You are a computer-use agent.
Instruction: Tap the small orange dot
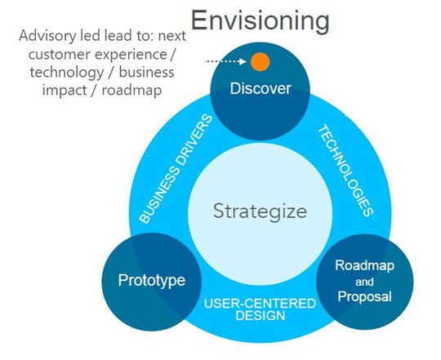point(260,60)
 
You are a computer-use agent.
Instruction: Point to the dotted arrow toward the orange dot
point(226,61)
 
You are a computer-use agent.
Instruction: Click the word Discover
point(260,88)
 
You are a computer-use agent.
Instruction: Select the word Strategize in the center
point(260,211)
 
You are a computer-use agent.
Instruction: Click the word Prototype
point(152,280)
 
